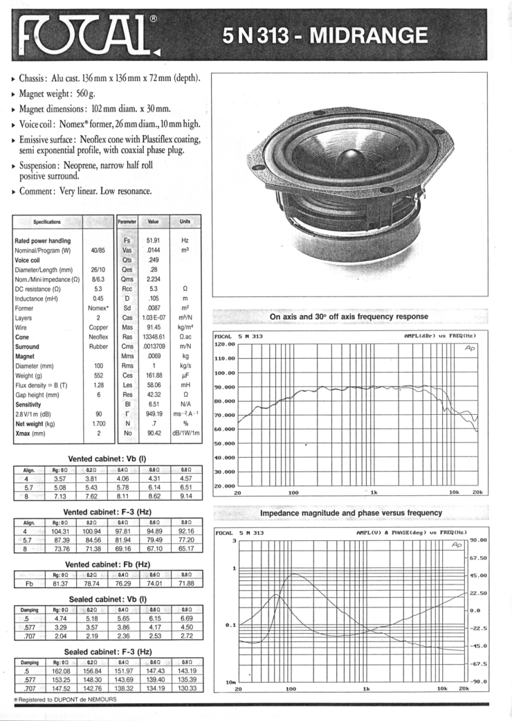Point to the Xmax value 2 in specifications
pyautogui.click(x=99, y=432)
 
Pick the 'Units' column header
pyautogui.click(x=185, y=222)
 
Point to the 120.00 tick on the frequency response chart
pyautogui.click(x=226, y=344)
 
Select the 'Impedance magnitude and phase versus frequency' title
pyautogui.click(x=351, y=513)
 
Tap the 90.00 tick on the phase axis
pyautogui.click(x=479, y=540)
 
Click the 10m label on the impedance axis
pyautogui.click(x=231, y=682)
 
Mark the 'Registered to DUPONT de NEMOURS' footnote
pyautogui.click(x=66, y=700)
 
